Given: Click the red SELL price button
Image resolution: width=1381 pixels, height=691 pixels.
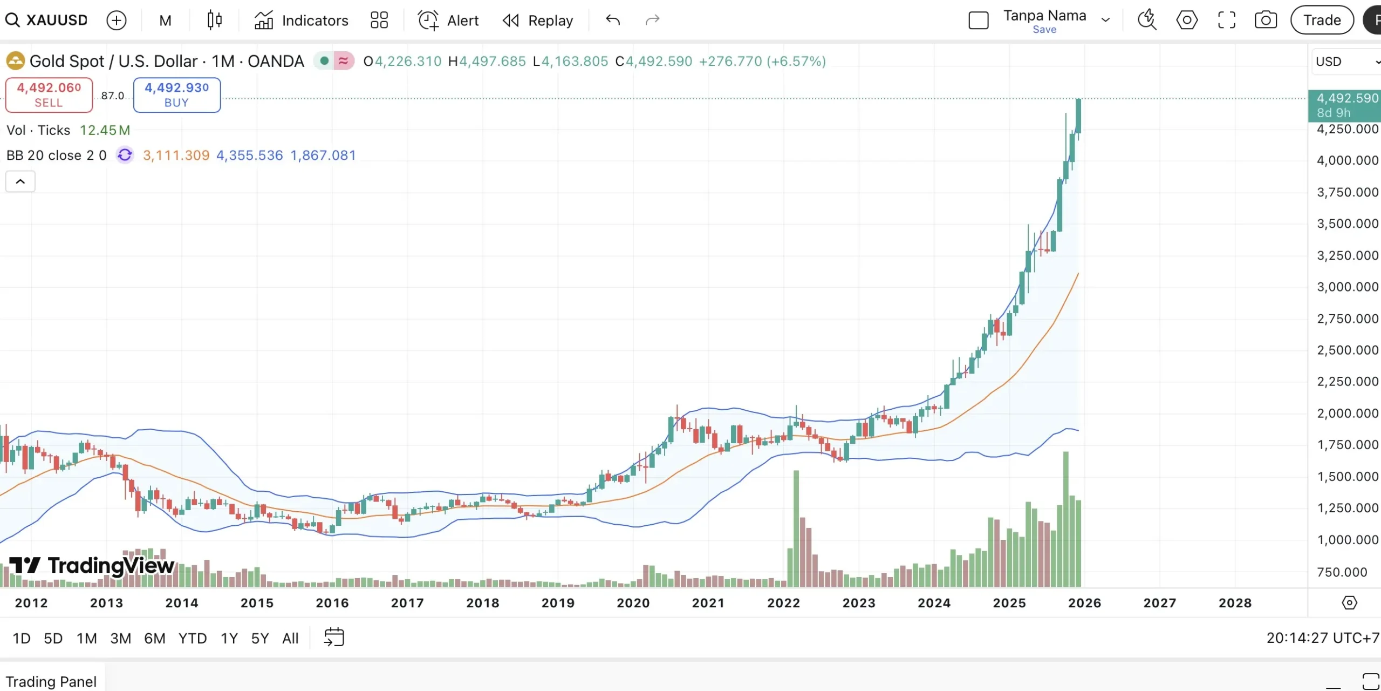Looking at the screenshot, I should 49,94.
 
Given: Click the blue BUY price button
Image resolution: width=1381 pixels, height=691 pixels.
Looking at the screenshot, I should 176,94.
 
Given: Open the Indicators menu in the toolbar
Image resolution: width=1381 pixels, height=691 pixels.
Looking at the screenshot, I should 302,21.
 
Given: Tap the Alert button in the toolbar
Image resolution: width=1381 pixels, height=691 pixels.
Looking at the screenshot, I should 448,21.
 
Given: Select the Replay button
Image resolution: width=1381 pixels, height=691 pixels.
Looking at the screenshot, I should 538,21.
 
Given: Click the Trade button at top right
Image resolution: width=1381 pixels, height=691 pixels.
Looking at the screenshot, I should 1322,21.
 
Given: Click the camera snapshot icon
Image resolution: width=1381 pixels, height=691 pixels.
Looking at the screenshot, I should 1265,21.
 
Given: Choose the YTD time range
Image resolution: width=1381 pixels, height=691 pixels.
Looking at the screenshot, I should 192,638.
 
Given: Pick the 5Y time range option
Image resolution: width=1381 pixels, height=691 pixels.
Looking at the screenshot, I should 259,638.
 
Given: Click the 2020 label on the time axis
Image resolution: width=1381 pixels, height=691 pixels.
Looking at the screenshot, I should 633,603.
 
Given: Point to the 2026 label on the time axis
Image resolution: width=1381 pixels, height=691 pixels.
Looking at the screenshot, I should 1084,603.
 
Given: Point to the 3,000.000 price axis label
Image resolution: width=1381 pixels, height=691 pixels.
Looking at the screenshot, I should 1347,287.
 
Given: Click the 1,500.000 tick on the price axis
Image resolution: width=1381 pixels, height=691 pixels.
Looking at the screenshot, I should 1347,477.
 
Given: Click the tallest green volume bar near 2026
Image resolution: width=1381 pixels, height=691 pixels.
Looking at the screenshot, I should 1066,518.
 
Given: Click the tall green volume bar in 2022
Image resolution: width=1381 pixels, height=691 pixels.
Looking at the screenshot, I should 796,529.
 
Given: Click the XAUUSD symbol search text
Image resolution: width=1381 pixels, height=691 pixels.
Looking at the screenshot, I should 57,21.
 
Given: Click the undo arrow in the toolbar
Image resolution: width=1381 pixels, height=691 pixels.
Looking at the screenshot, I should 613,21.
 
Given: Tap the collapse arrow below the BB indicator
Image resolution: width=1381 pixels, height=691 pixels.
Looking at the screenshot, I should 20,181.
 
